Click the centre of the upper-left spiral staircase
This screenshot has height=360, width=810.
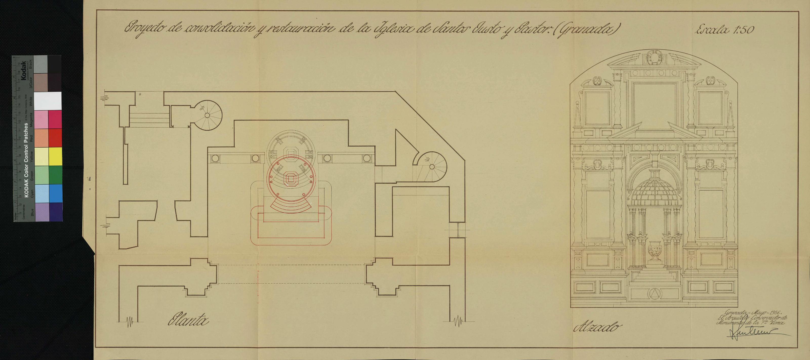(207, 115)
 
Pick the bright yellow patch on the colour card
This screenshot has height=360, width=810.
(55, 156)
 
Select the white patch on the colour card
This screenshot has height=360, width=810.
(48, 101)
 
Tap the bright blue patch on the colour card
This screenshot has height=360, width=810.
(55, 193)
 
